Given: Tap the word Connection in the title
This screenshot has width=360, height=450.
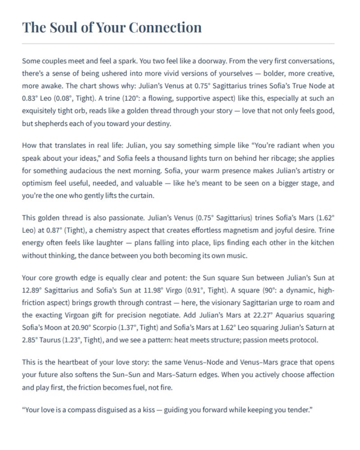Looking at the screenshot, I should click(x=165, y=27).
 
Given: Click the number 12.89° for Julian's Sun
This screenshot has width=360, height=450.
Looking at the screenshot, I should click(x=32, y=290).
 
